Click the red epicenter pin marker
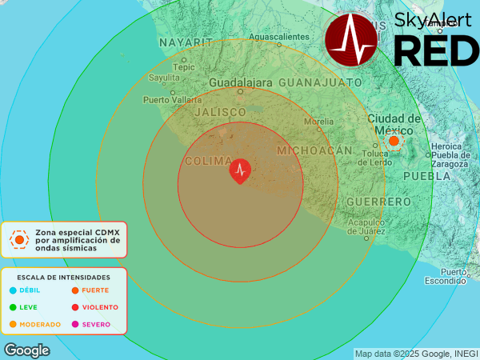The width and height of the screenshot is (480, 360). [x=240, y=170]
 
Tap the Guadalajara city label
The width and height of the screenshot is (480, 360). [x=241, y=83]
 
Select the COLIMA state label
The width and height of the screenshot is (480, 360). [x=208, y=162]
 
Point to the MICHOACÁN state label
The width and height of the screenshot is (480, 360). [x=314, y=150]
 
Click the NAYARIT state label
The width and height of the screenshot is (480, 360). [x=185, y=42]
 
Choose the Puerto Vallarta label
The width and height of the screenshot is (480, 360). [x=172, y=100]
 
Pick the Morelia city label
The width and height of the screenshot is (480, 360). [x=319, y=122]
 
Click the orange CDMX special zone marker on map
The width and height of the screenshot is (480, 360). [x=394, y=141]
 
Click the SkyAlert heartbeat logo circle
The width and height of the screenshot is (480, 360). [x=355, y=38]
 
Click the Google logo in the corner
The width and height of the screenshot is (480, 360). [x=27, y=350]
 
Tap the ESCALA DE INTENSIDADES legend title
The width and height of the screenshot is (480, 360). [x=63, y=276]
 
